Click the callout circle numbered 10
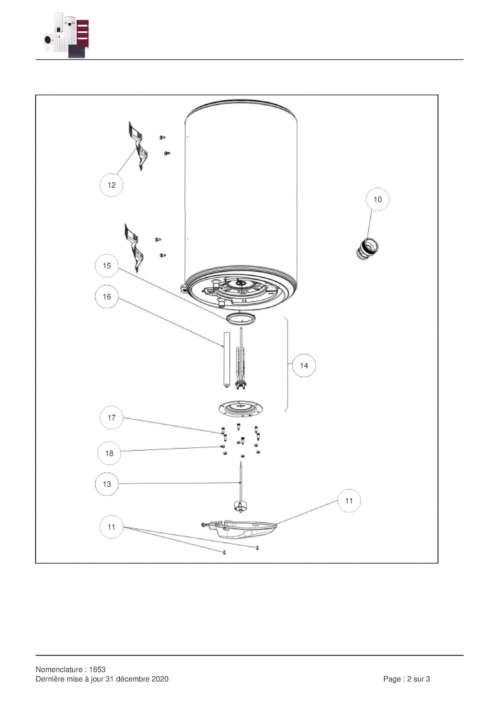pyautogui.click(x=377, y=199)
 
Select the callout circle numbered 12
pyautogui.click(x=111, y=185)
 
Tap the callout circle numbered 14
pyautogui.click(x=304, y=365)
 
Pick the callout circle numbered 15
pyautogui.click(x=107, y=266)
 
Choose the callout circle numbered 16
pyautogui.click(x=107, y=296)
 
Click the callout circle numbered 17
pyautogui.click(x=111, y=418)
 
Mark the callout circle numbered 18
pyautogui.click(x=109, y=453)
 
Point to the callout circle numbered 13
pyautogui.click(x=107, y=484)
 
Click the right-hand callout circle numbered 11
pyautogui.click(x=349, y=501)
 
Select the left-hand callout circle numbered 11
pyautogui.click(x=111, y=527)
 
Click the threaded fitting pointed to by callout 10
pyautogui.click(x=367, y=249)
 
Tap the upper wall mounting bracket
pyautogui.click(x=137, y=145)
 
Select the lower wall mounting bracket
pyautogui.click(x=134, y=247)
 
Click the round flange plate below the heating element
pyautogui.click(x=241, y=409)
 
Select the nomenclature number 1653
pyautogui.click(x=97, y=669)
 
